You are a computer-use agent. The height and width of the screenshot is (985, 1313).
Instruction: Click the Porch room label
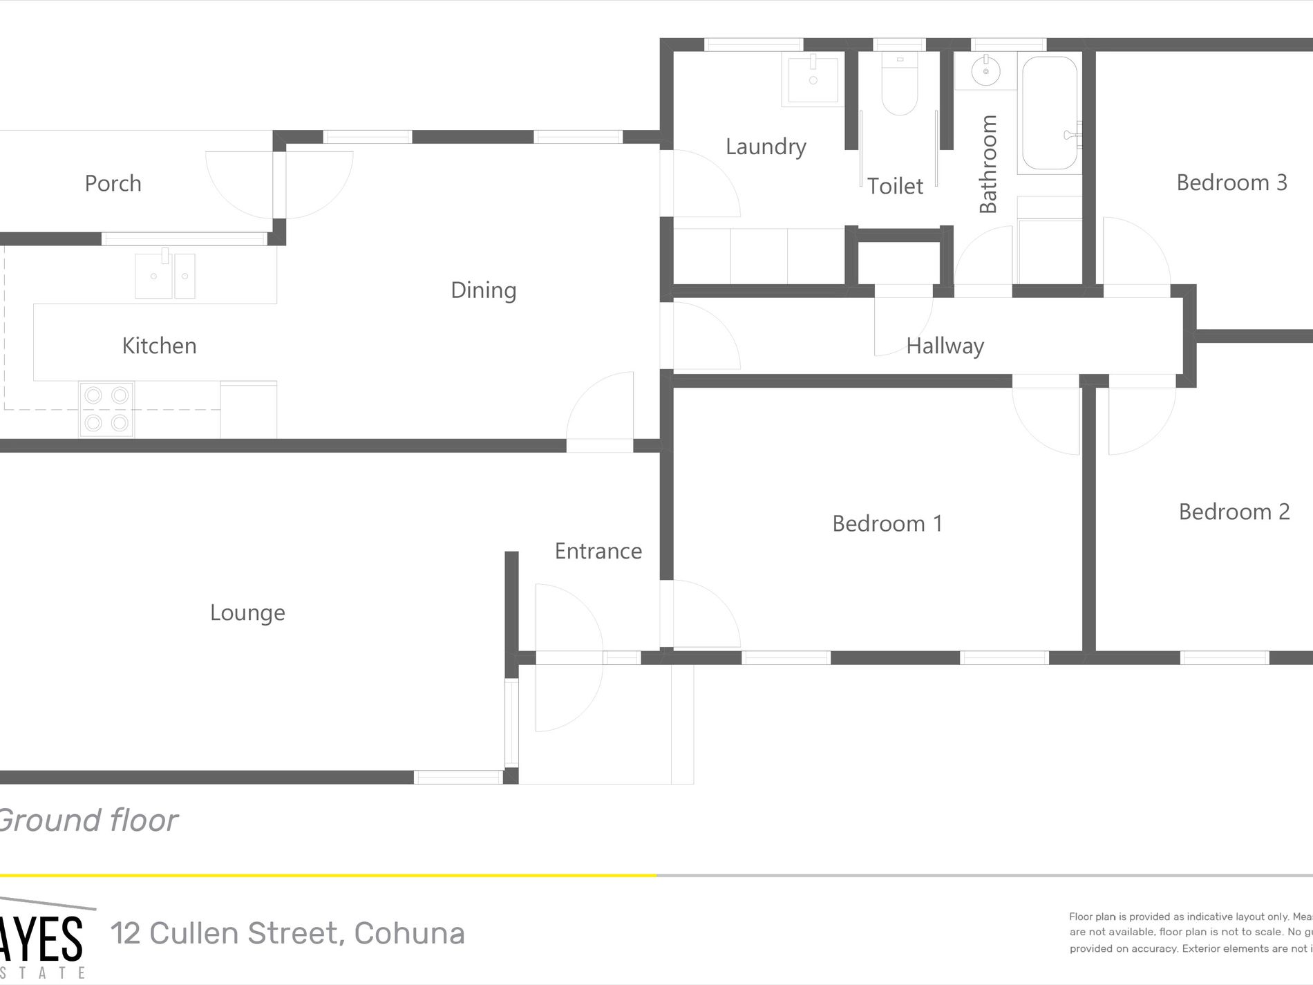pos(113,184)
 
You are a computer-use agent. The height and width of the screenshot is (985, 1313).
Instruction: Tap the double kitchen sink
pos(165,275)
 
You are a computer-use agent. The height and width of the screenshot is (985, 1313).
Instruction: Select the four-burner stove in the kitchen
pos(106,409)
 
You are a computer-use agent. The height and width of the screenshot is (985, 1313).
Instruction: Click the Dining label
pos(483,290)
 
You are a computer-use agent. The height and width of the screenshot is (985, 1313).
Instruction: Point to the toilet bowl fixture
pos(899,86)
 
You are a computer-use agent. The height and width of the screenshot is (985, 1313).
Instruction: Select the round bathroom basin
pos(985,71)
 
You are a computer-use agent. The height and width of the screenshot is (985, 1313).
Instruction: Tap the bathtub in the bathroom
pos(1049,113)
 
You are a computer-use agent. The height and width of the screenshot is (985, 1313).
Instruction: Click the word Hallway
pos(945,346)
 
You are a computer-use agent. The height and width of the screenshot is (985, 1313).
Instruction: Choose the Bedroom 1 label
pos(887,524)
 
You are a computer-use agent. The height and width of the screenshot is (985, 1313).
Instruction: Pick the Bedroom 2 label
pos(1234,512)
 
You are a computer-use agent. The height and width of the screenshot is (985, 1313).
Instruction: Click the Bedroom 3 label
pos(1231,183)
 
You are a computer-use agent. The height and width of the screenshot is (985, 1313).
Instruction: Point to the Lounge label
pos(247,613)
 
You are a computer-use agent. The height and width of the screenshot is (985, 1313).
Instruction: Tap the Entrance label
pos(598,552)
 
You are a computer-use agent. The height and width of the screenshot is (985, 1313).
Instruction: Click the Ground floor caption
pos(88,820)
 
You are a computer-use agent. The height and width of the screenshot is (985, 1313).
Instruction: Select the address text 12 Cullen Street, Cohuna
pos(287,934)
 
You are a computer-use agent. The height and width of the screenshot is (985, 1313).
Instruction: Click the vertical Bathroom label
pos(988,165)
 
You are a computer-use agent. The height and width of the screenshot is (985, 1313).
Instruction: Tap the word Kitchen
pos(159,346)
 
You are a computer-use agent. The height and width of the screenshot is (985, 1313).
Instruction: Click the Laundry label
pos(766,147)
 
